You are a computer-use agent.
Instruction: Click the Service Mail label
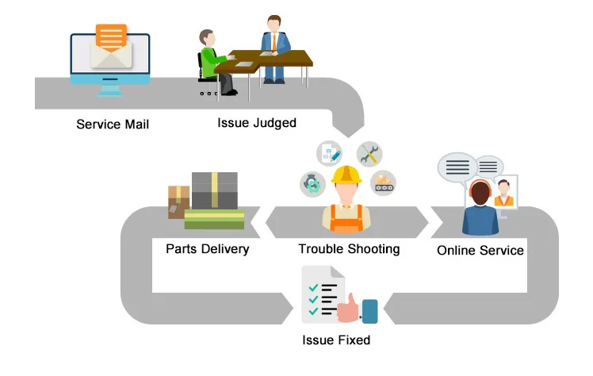(x=112, y=125)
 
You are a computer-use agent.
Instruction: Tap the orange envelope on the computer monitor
(x=111, y=39)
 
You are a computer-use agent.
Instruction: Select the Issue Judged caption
(x=256, y=123)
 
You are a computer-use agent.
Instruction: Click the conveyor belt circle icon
(x=384, y=182)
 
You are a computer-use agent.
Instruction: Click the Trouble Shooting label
(x=349, y=249)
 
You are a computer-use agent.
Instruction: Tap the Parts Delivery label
(x=207, y=249)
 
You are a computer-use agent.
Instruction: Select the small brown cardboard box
(x=178, y=200)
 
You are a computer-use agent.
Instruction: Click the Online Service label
(x=480, y=250)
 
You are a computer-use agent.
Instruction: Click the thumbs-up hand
(x=349, y=307)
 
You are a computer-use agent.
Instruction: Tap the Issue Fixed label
(x=336, y=340)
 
